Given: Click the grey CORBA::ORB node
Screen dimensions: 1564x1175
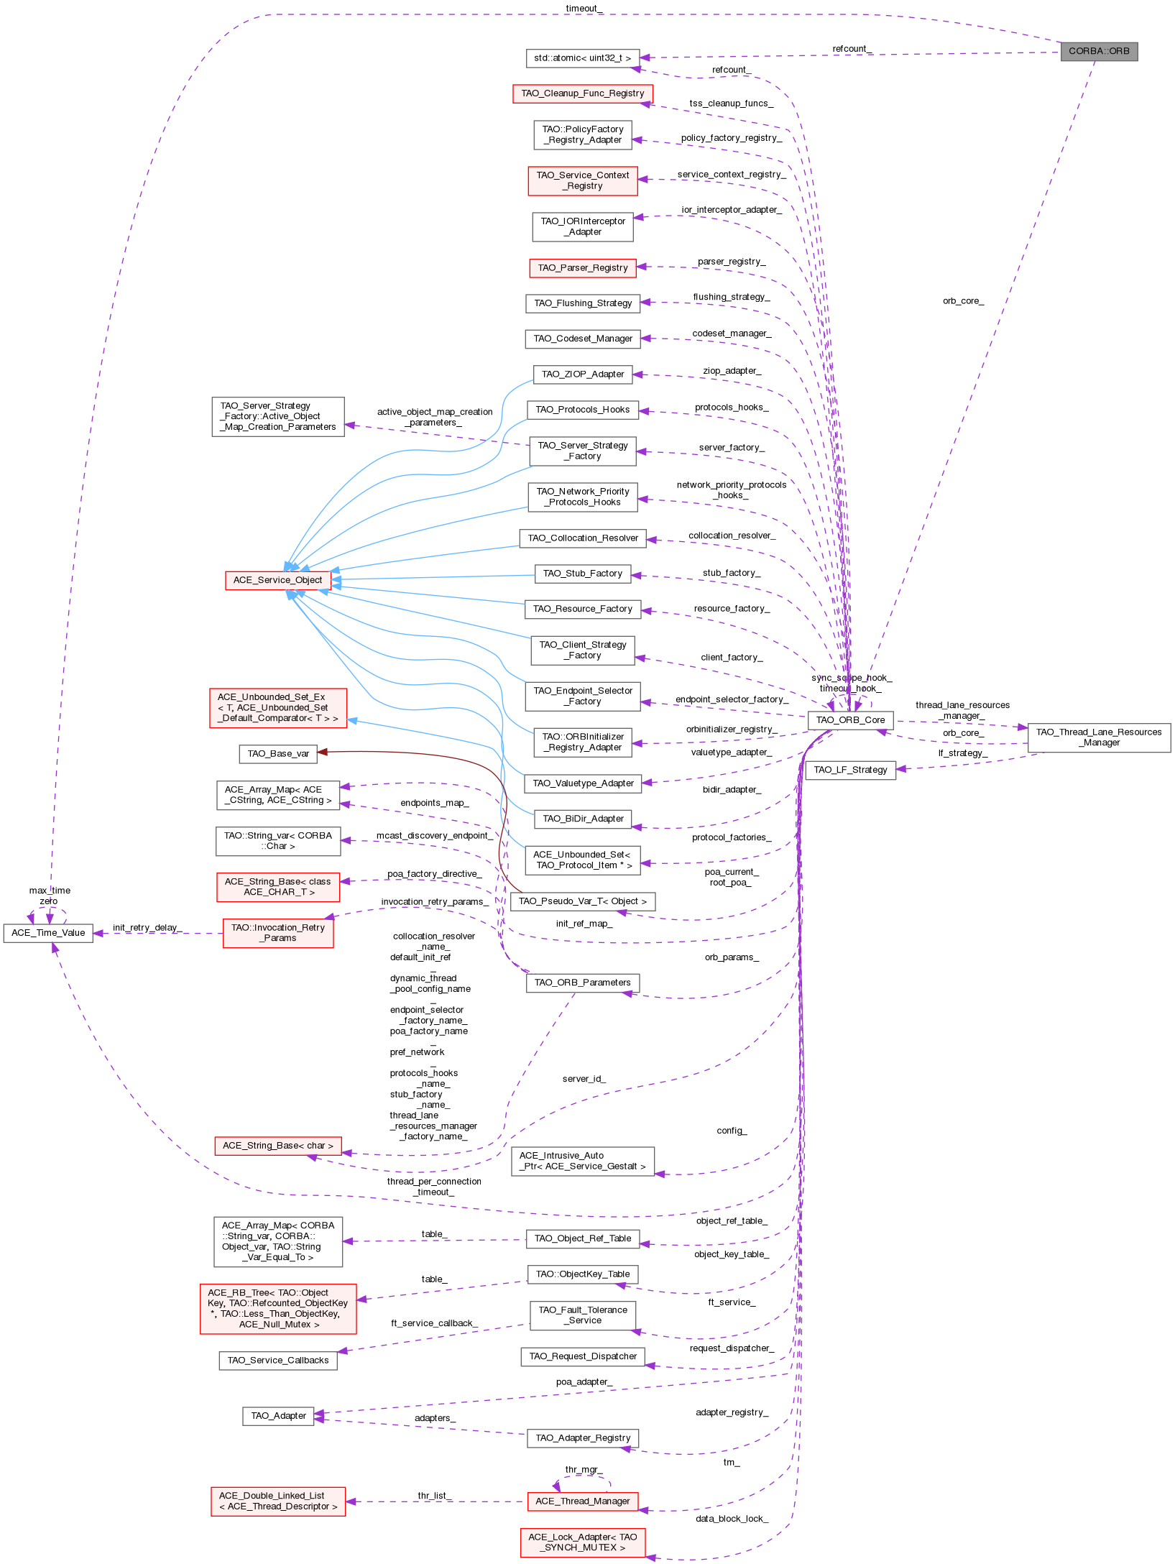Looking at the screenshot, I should click(1098, 51).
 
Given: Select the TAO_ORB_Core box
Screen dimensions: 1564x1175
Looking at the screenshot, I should click(850, 719).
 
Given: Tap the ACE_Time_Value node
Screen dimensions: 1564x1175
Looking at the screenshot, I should click(48, 933).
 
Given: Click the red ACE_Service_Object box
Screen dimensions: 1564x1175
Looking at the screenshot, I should click(277, 580).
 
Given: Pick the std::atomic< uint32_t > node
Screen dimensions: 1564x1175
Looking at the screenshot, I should click(582, 58).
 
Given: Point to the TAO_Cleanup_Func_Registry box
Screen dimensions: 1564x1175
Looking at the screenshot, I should click(582, 93).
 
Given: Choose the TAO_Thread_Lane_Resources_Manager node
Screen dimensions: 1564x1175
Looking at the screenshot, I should click(1098, 737).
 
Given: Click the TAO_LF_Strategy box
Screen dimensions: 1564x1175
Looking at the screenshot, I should click(850, 770).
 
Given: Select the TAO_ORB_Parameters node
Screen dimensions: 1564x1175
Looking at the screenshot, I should click(582, 983).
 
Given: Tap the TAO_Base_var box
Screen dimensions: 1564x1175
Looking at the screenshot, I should click(278, 754).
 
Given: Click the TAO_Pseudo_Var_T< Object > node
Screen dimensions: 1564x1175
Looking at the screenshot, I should click(582, 901).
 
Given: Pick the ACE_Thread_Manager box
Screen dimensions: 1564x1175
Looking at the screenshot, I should click(582, 1501).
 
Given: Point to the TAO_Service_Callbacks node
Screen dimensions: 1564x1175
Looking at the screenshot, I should click(277, 1361).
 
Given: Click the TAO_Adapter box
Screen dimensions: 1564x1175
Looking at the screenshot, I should click(278, 1416).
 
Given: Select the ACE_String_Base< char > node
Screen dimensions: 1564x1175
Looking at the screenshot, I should click(277, 1146).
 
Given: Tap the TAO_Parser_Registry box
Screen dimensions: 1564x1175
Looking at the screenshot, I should click(582, 268).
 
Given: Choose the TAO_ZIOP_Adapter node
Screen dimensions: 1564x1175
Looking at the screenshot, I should click(582, 374).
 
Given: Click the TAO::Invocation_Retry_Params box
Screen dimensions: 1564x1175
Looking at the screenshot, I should click(277, 933).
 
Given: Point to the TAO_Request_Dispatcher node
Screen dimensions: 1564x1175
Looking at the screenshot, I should click(582, 1356).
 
